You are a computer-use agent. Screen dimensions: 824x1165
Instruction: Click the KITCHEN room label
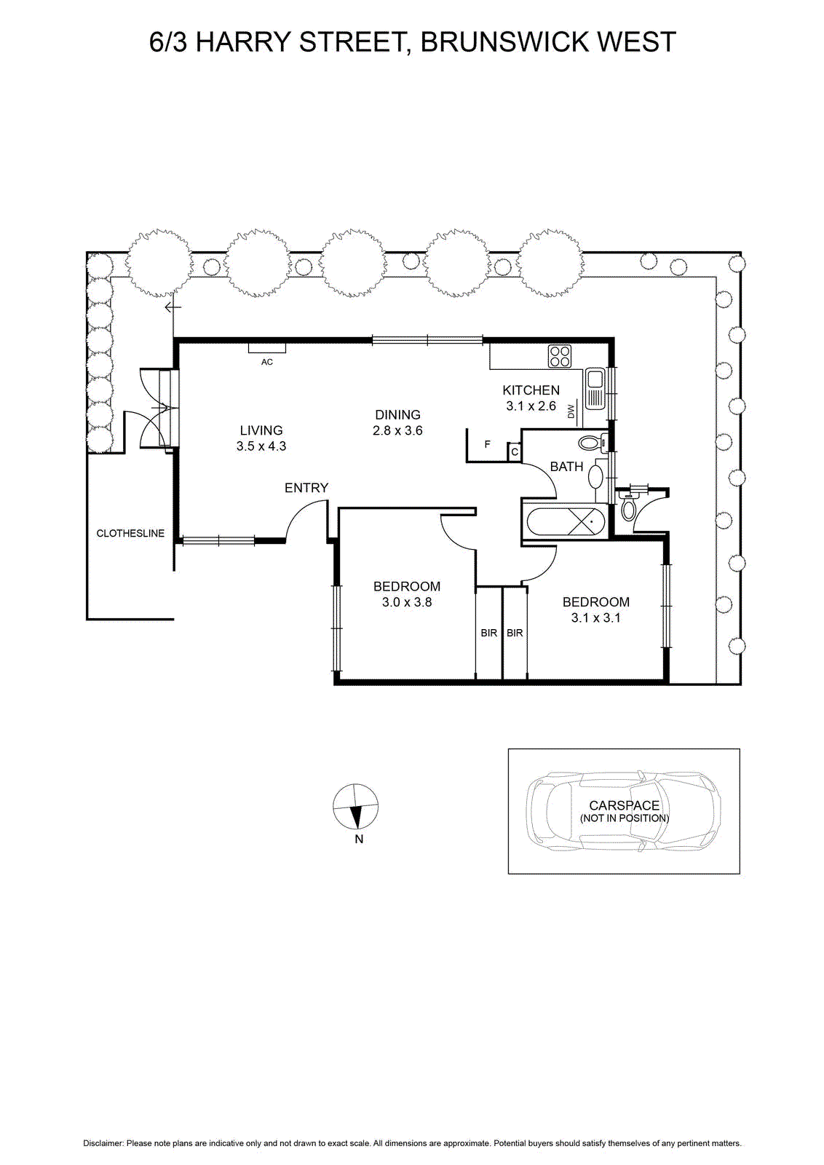point(531,390)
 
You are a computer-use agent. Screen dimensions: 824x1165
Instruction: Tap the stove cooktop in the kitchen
point(559,357)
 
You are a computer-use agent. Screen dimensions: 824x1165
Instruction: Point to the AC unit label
point(266,362)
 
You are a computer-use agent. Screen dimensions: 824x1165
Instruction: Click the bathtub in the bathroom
point(566,521)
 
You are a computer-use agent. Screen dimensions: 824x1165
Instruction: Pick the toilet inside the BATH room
point(590,443)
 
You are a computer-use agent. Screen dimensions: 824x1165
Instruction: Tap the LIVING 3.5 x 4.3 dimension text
point(261,446)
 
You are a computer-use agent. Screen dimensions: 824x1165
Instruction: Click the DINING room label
point(397,414)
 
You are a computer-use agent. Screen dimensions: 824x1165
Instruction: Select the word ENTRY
point(306,488)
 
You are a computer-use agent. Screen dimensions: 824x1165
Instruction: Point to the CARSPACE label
point(624,805)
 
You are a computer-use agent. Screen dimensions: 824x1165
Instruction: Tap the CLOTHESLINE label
point(130,533)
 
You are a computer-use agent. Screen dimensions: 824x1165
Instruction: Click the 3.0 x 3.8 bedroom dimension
point(407,602)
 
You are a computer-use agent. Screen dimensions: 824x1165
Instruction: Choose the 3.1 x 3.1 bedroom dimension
point(595,618)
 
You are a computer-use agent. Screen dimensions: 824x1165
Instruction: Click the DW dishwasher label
point(572,411)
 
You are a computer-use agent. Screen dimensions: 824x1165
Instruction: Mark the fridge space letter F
point(487,445)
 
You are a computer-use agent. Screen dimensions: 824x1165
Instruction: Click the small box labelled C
point(515,451)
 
